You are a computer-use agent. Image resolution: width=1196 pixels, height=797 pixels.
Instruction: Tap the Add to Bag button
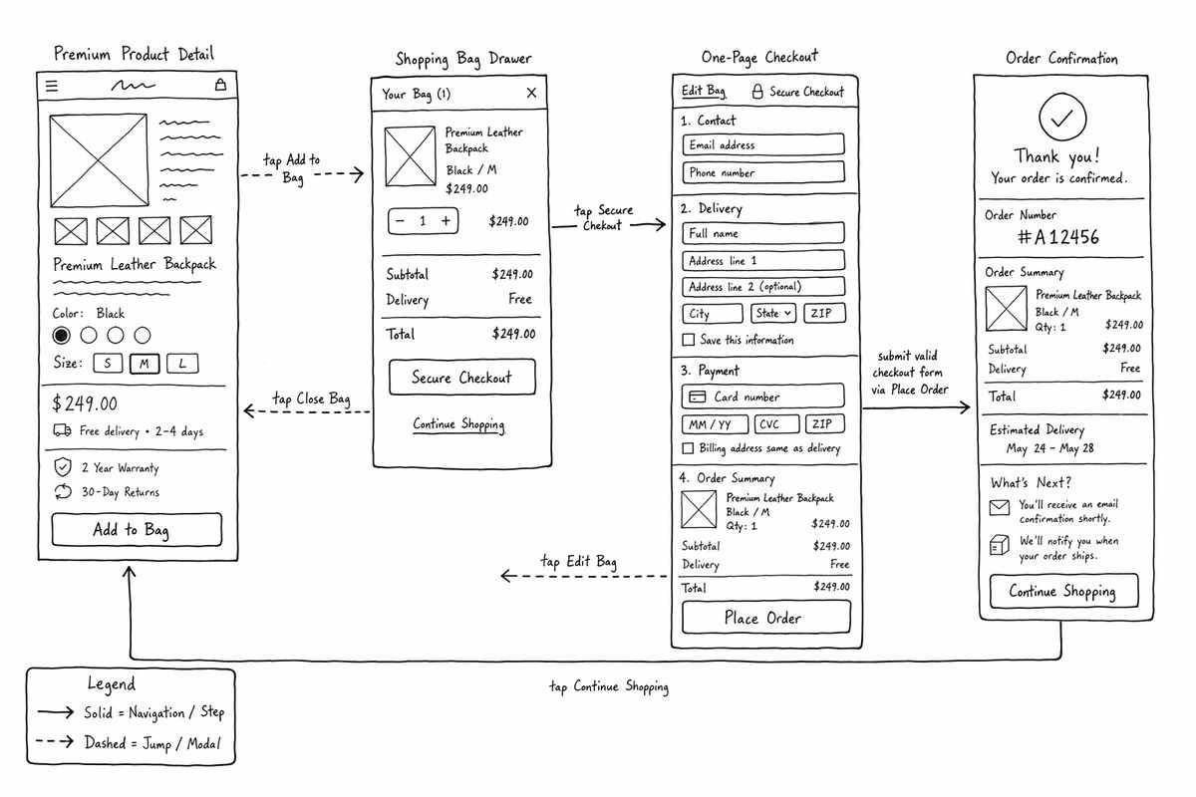pos(137,530)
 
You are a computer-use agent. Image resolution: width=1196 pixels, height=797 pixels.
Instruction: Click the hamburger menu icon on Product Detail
pos(52,86)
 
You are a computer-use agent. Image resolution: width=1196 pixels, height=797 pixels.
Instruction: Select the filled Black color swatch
pos(62,336)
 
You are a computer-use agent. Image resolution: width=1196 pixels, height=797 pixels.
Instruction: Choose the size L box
pos(182,364)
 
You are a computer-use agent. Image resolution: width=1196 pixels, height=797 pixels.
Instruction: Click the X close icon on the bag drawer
pos(531,93)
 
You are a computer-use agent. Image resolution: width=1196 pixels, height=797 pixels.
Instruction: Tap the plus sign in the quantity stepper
pos(446,221)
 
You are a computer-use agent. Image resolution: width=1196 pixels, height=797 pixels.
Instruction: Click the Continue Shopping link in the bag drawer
pos(458,424)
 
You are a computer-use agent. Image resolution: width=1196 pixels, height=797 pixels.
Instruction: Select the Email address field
pos(763,144)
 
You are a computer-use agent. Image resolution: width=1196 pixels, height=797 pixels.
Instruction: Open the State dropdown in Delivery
pos(773,314)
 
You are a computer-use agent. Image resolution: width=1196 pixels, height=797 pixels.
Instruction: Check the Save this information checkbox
pos(689,340)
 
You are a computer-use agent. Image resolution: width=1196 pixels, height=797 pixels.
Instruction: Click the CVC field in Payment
pos(776,424)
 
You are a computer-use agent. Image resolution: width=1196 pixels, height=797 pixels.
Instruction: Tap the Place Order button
pos(766,618)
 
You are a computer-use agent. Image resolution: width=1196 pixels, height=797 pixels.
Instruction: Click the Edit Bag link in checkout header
pos(704,91)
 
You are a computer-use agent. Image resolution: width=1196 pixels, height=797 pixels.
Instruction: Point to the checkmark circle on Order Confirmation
pos(1062,117)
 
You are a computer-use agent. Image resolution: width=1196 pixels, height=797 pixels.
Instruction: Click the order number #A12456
pos(1058,236)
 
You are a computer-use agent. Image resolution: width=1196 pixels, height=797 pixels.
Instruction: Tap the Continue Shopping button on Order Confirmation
pos(1064,591)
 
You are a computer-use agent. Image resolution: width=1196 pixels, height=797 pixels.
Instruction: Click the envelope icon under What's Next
pos(1000,507)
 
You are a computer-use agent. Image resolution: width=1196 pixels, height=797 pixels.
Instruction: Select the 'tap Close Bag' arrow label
pos(311,398)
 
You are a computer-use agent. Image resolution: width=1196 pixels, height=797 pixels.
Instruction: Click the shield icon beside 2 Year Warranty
pos(63,467)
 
